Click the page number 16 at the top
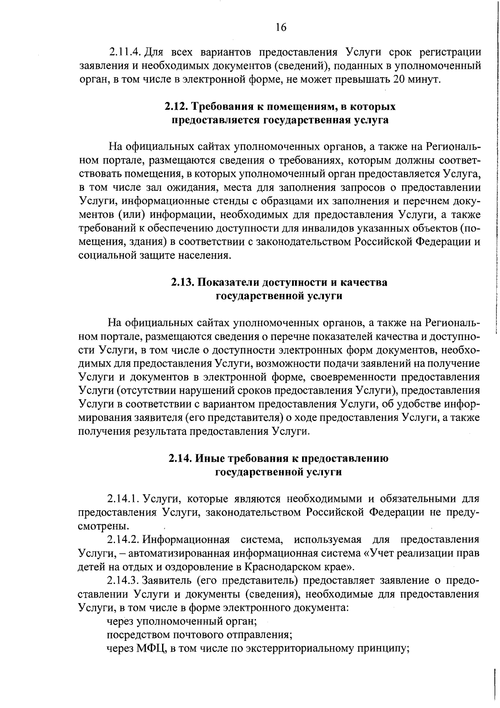(281, 28)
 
